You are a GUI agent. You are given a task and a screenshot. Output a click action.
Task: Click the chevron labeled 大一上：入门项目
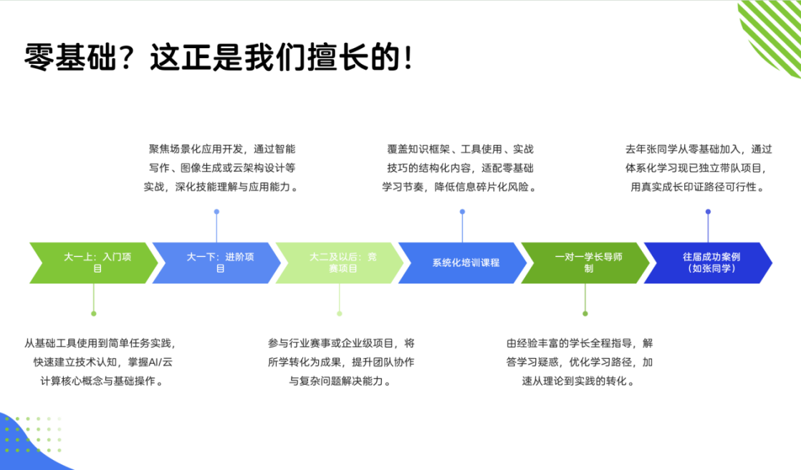pos(94,263)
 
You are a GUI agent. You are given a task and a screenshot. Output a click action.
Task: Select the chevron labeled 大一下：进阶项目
pos(217,263)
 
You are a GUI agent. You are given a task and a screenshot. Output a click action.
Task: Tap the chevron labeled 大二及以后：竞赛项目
pos(340,263)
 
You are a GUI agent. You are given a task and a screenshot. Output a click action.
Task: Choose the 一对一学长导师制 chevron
pos(585,263)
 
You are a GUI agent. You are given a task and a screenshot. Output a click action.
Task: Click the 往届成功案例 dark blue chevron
pos(709,263)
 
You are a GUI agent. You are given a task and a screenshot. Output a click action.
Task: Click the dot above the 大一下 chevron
pos(216,212)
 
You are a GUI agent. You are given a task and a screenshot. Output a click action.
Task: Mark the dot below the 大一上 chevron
pos(93,314)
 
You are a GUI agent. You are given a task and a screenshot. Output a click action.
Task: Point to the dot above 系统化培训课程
pos(462,212)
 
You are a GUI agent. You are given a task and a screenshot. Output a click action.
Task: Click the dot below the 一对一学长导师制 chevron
pos(585,314)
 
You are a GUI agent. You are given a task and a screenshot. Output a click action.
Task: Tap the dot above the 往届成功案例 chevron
pos(708,212)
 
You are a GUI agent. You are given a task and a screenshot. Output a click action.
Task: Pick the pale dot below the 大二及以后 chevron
pos(340,314)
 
